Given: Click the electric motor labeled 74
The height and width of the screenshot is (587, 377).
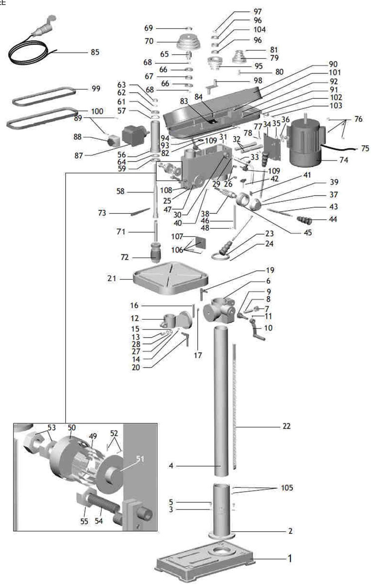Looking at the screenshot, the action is coord(305,142).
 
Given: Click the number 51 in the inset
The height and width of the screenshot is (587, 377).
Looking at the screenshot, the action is coord(139,459).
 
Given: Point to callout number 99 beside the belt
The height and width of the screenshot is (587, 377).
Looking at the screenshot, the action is coord(96,89).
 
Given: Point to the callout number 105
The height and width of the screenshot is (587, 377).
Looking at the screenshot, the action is coord(287,488).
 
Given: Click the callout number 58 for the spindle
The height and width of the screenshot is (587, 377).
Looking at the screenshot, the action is coord(120,191).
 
